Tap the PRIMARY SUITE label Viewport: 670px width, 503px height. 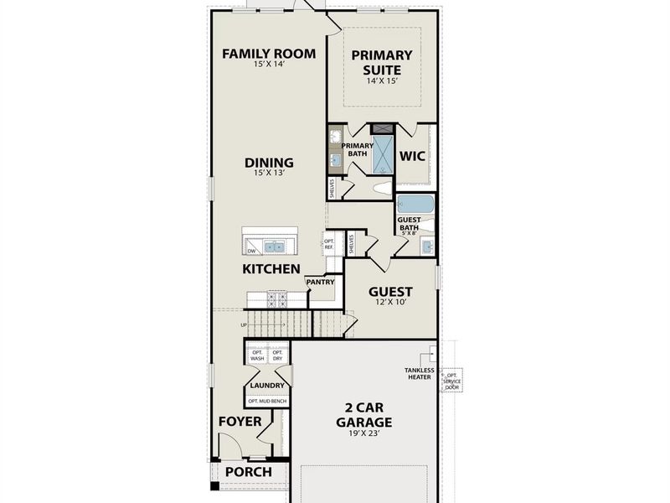[382, 62]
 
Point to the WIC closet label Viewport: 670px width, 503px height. [412, 156]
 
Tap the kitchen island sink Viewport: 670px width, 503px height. [274, 246]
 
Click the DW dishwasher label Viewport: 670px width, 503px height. [250, 250]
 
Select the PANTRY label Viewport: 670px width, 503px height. [320, 283]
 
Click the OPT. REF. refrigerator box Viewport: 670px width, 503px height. [329, 244]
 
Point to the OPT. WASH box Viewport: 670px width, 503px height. [257, 355]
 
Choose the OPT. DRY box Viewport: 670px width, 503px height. [277, 355]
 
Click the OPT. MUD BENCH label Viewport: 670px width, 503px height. [267, 402]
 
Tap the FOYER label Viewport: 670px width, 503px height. [240, 422]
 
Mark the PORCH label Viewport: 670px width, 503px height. [249, 472]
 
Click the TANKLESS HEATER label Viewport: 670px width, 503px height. [419, 373]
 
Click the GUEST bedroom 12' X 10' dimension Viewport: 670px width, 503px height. [391, 303]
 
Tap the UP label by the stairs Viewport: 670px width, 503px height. [244, 324]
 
